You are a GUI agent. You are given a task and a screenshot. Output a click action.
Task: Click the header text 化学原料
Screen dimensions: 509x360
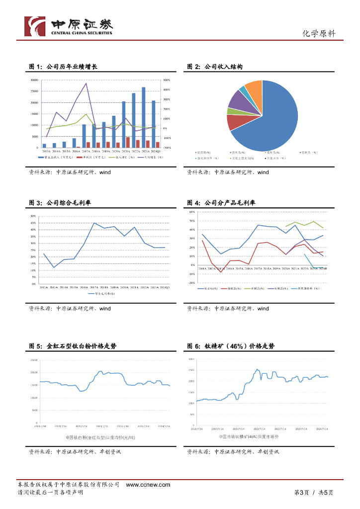click(x=319, y=34)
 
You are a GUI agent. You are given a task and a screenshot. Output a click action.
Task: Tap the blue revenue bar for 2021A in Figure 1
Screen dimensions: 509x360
click(x=124, y=124)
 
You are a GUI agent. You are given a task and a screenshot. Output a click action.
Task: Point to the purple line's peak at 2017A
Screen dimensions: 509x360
click(x=87, y=84)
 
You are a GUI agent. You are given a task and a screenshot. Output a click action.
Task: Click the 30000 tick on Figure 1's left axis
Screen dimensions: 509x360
click(x=34, y=80)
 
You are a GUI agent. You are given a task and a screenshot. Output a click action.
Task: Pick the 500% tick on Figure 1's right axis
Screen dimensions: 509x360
click(x=167, y=80)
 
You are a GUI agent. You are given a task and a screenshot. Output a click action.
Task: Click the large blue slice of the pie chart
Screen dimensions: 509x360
click(x=271, y=119)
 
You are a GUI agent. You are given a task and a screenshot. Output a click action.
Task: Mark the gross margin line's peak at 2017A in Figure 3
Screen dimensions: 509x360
click(x=94, y=223)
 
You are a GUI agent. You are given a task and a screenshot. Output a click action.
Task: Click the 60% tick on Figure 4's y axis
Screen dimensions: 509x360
click(x=190, y=212)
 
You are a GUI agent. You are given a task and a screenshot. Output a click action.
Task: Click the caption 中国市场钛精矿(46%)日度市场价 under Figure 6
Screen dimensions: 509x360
click(x=249, y=436)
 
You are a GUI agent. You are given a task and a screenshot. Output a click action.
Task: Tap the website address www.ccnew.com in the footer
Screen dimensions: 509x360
click(x=148, y=485)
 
